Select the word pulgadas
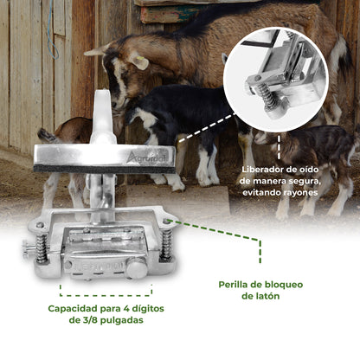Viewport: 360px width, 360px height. pyautogui.click(x=125, y=320)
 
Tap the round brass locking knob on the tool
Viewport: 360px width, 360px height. pyautogui.click(x=137, y=269)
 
